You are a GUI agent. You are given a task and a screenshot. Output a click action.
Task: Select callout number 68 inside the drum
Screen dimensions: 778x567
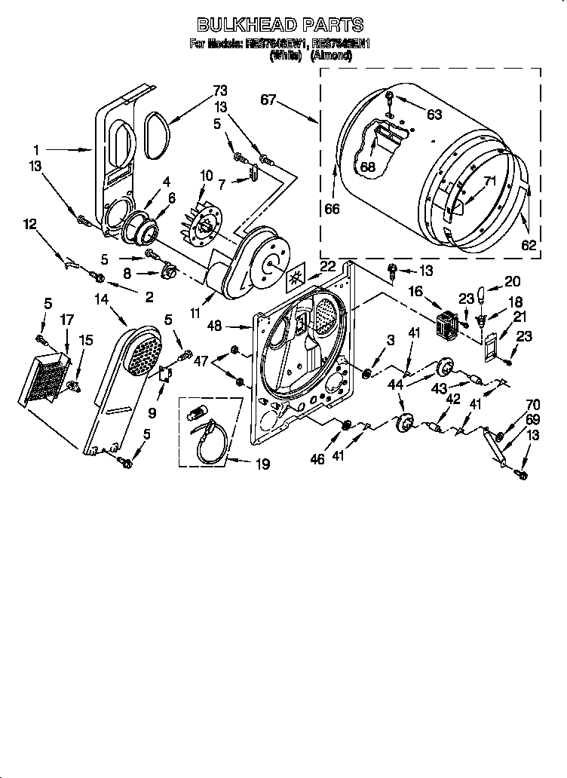367,167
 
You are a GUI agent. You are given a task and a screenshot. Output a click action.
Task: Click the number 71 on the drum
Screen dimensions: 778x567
490,181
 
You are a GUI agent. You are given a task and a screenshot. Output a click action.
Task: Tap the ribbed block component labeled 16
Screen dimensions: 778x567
449,323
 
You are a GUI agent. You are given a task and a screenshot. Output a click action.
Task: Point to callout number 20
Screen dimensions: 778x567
513,281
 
